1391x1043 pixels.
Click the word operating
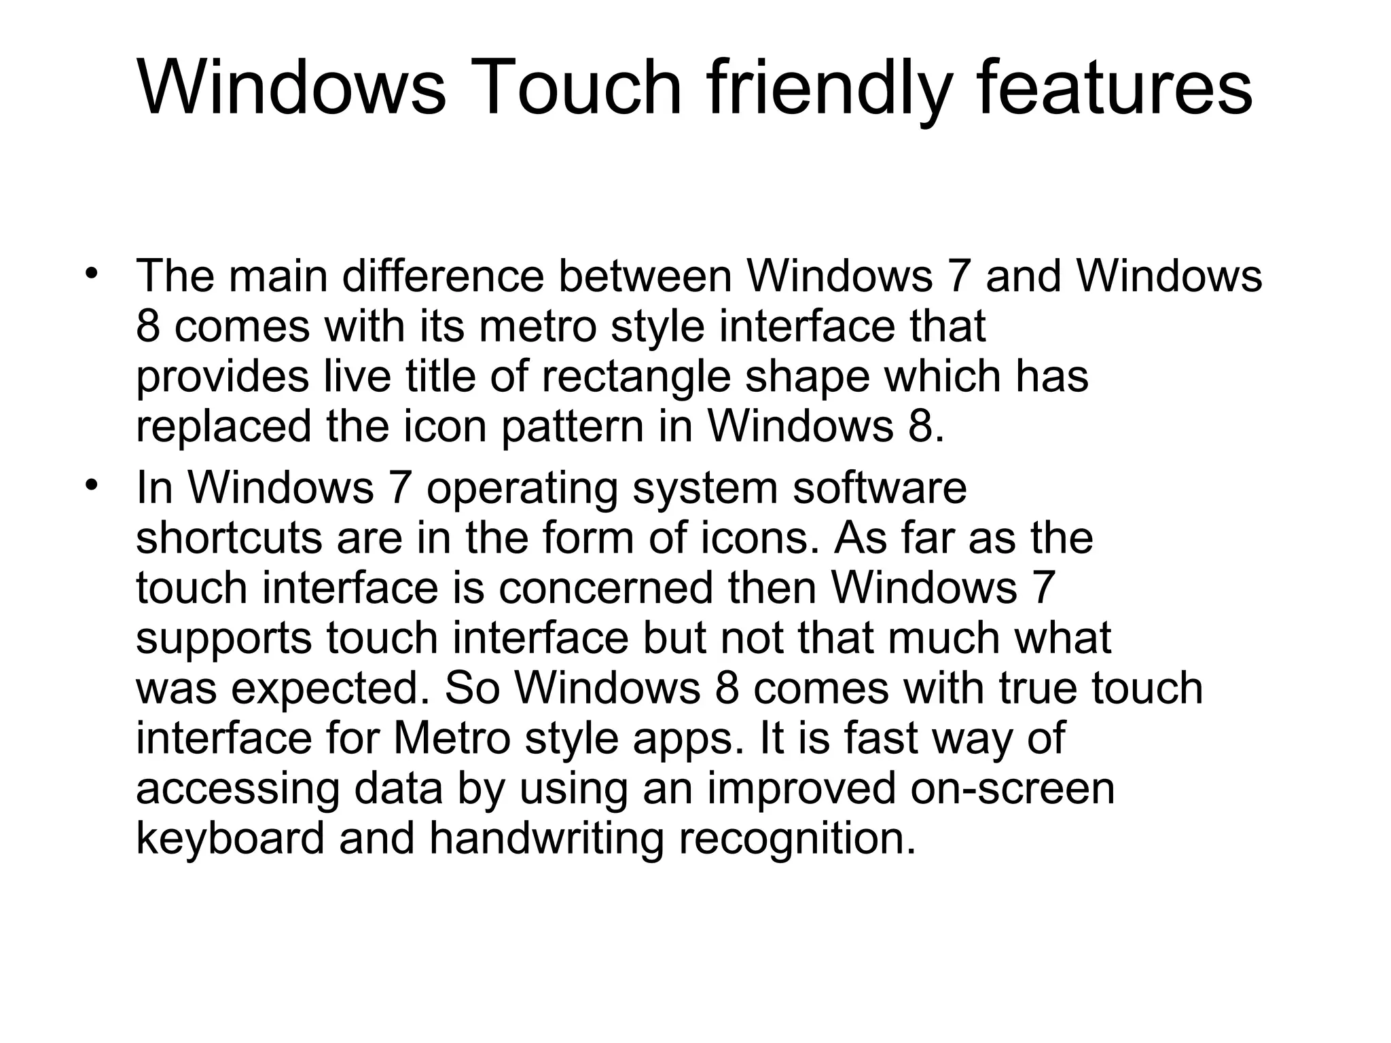522,489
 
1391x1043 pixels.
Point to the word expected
336,689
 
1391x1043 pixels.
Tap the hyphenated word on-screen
1013,789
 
